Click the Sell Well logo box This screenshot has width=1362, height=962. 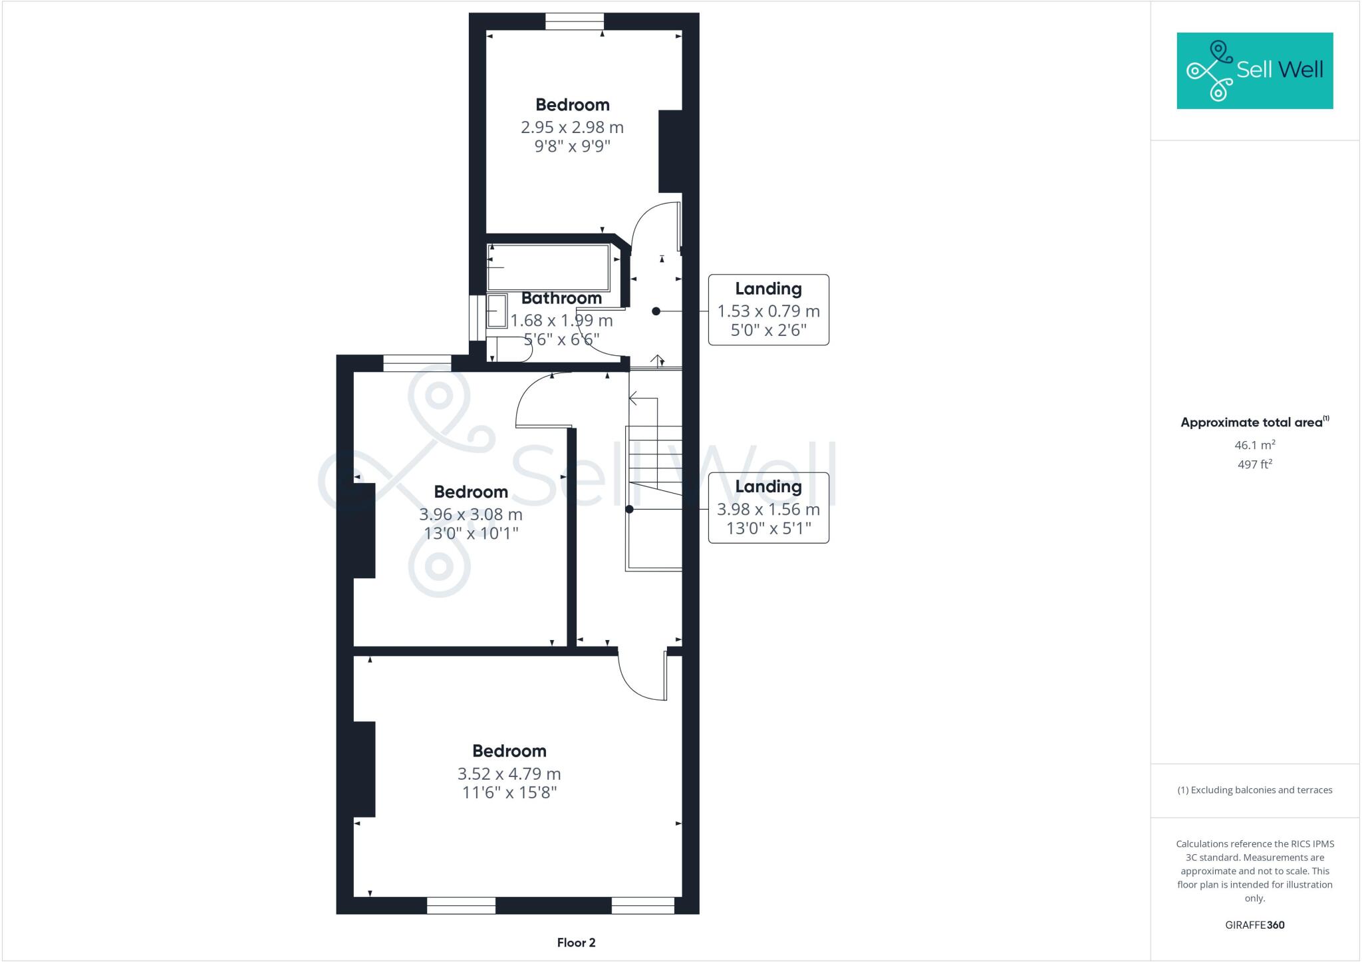tap(1254, 71)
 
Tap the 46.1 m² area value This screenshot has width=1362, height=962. tap(1254, 445)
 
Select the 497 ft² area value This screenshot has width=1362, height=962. tap(1254, 464)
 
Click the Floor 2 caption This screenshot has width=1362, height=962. tap(576, 942)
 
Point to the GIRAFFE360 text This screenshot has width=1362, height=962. tap(1254, 925)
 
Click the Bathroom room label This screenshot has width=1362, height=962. tap(561, 298)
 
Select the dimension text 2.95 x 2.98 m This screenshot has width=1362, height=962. tap(572, 127)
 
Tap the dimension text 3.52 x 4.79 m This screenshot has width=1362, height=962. tap(509, 774)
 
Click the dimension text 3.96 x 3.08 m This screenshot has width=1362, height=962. tap(470, 514)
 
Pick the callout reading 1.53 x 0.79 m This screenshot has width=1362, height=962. tap(768, 311)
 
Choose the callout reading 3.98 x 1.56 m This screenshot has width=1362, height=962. tap(768, 509)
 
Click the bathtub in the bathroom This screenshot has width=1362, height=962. tap(549, 267)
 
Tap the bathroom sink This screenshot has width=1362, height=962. tap(496, 311)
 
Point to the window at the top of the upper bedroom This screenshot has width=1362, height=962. tap(575, 22)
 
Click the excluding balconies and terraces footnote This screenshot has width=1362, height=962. tap(1254, 790)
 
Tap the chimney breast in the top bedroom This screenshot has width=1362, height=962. tap(670, 152)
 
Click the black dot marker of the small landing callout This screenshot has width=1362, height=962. tap(656, 311)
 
